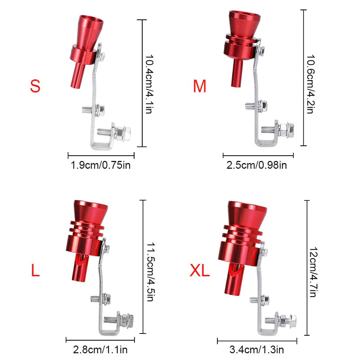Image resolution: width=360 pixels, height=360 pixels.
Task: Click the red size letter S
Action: [x=35, y=86]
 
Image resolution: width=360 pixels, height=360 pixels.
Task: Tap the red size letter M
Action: [x=199, y=86]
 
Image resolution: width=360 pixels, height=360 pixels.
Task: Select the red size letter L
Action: [x=35, y=270]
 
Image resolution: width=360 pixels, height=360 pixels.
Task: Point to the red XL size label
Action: [x=199, y=270]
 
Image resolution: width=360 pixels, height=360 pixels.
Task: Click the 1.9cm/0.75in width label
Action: [x=100, y=165]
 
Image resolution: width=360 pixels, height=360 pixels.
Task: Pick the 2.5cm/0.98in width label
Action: [x=256, y=165]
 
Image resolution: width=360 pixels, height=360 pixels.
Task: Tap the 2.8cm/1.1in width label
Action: [x=100, y=350]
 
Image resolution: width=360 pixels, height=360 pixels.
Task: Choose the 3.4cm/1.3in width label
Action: [x=256, y=350]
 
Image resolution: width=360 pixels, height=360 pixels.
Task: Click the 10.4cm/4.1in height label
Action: [x=149, y=84]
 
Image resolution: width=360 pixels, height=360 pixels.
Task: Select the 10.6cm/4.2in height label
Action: [x=310, y=84]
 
